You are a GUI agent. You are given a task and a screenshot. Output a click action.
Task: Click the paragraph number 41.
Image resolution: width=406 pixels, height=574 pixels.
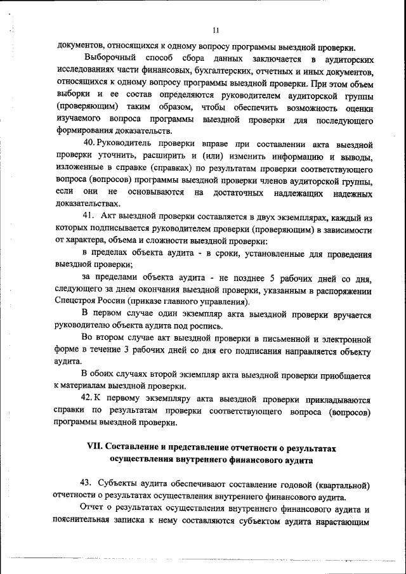[89, 217]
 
